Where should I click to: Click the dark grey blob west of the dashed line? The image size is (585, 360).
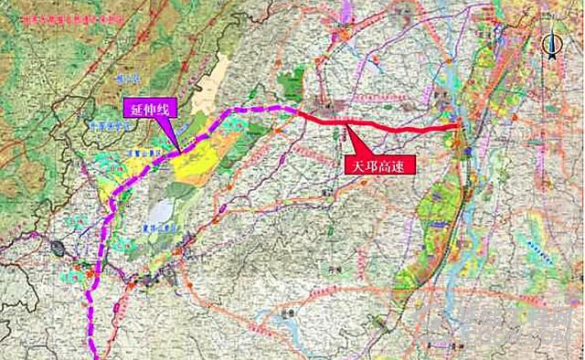tap(60, 248)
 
